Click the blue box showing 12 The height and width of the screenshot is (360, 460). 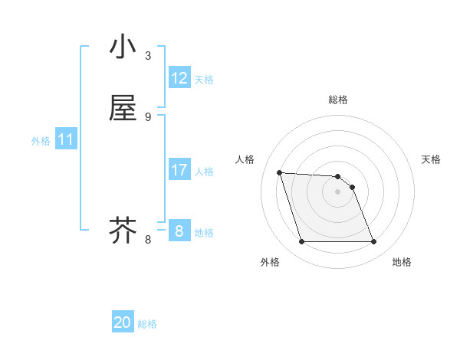pos(179,78)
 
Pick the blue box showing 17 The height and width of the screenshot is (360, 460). pos(179,170)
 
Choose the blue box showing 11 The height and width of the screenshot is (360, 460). pos(66,139)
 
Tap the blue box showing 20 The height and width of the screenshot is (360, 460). pos(123,322)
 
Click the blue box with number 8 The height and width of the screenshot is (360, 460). pos(179,231)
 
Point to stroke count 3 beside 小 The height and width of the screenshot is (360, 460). pos(148,55)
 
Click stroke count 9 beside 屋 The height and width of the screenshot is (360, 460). pos(148,116)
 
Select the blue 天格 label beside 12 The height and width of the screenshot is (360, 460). pos(204,80)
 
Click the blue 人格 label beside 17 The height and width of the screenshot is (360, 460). pos(204,172)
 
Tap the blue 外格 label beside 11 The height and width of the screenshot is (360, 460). pos(41,141)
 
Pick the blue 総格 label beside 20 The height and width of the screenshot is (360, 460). pos(147,324)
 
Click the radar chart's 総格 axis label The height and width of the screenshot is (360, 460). pos(338,100)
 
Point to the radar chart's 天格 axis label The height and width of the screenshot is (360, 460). pos(432,159)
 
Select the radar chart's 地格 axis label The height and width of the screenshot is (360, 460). pos(402,262)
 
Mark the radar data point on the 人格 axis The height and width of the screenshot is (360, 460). pos(280,172)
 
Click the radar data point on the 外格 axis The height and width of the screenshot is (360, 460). pos(301,242)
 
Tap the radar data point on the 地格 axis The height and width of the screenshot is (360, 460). pos(374,242)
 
